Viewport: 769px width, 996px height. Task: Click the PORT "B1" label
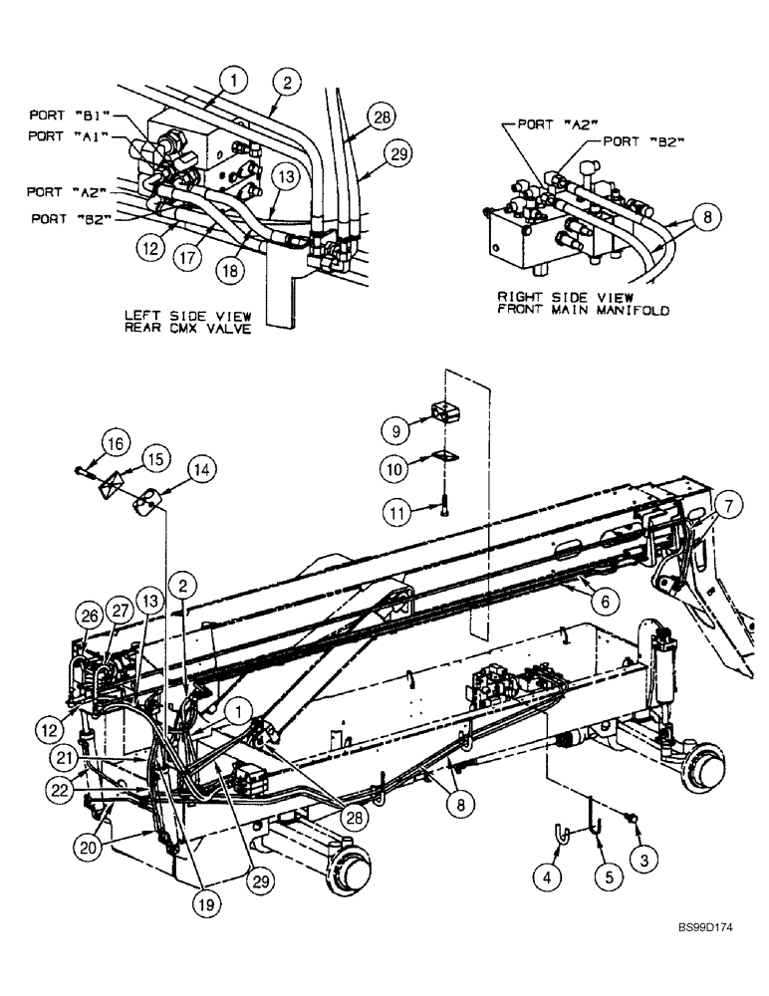(x=64, y=115)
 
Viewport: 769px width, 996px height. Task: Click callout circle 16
(x=116, y=443)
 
